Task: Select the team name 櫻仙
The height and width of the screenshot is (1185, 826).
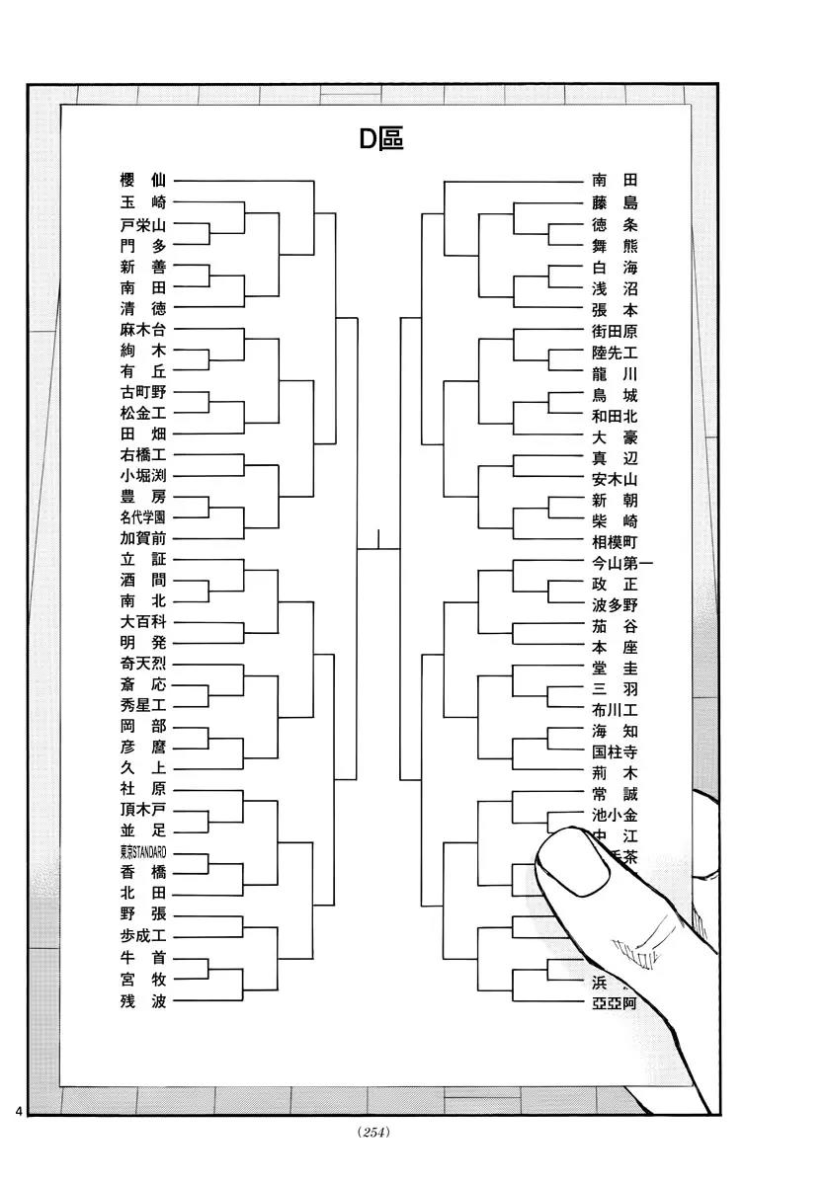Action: pyautogui.click(x=142, y=181)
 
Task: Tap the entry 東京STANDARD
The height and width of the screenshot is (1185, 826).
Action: pyautogui.click(x=142, y=851)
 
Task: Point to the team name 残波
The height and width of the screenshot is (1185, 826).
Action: pyautogui.click(x=142, y=1001)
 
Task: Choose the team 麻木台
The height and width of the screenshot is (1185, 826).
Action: pyautogui.click(x=142, y=329)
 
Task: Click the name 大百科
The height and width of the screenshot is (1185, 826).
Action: pyautogui.click(x=142, y=622)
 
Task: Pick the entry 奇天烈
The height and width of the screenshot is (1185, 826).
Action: pyautogui.click(x=142, y=664)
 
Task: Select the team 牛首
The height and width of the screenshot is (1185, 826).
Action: pyautogui.click(x=142, y=958)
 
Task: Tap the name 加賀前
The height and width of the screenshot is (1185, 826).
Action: pyautogui.click(x=142, y=538)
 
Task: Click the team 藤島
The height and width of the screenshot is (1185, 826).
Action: pyautogui.click(x=615, y=202)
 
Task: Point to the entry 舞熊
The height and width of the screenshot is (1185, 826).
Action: pyautogui.click(x=615, y=246)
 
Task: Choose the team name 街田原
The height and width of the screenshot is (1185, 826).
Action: pyautogui.click(x=615, y=332)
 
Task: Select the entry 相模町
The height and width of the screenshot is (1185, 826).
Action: pyautogui.click(x=615, y=543)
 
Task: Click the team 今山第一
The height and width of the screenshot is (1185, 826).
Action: pyautogui.click(x=621, y=564)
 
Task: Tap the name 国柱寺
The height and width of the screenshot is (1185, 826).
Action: pyautogui.click(x=615, y=752)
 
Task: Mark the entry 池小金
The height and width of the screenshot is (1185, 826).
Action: pyautogui.click(x=615, y=815)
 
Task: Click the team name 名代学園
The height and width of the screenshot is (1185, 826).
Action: pyautogui.click(x=142, y=517)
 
